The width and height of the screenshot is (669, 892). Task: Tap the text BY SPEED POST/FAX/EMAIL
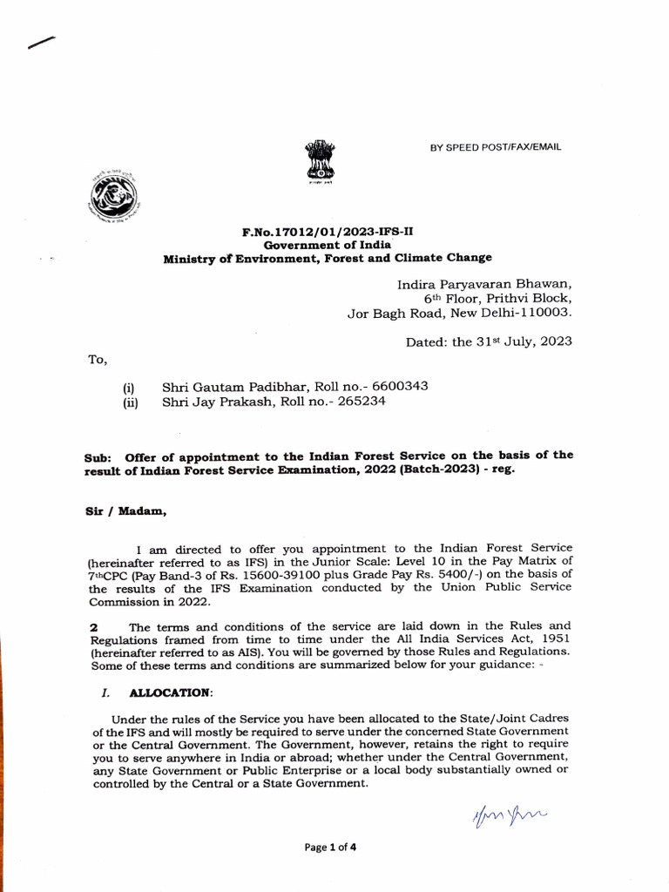[x=496, y=147]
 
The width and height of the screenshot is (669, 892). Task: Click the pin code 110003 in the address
[x=543, y=314]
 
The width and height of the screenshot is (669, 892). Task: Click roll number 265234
[x=356, y=402]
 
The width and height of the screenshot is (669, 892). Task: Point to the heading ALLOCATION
[x=170, y=693]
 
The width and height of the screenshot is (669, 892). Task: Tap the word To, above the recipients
[x=96, y=361]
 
